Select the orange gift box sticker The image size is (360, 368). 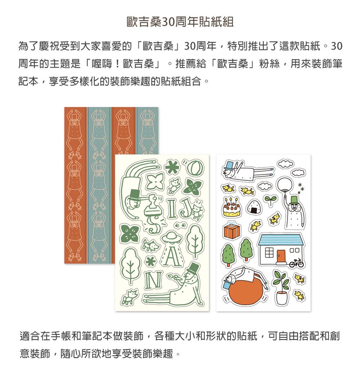(x=232, y=230)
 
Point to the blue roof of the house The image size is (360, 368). (x=281, y=240)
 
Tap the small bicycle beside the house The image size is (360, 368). (x=296, y=262)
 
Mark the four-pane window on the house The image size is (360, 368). (x=268, y=253)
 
